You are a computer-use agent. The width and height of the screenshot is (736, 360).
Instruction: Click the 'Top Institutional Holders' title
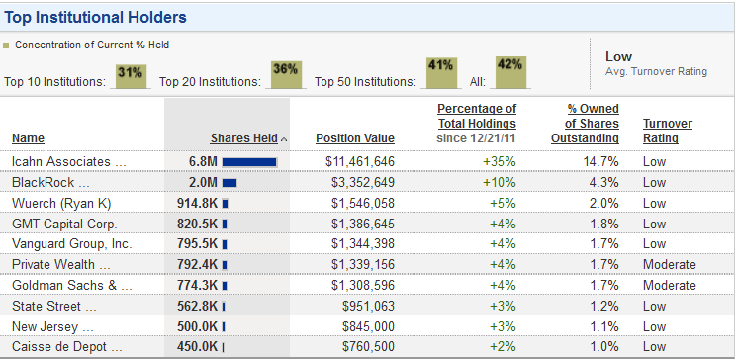pyautogui.click(x=95, y=18)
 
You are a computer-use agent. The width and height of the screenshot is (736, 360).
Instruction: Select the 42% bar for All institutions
pyautogui.click(x=510, y=72)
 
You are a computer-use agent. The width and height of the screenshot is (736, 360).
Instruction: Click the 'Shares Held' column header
pyautogui.click(x=243, y=138)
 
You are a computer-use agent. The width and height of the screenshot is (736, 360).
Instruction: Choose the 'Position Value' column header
pyautogui.click(x=355, y=138)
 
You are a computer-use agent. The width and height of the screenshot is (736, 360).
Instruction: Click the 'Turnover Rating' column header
pyautogui.click(x=668, y=131)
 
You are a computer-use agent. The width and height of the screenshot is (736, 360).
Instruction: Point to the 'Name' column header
pyautogui.click(x=28, y=138)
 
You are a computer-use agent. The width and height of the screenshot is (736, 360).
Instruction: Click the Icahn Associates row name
pyautogui.click(x=69, y=162)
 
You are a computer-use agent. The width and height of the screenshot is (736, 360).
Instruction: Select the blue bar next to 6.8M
pyautogui.click(x=249, y=162)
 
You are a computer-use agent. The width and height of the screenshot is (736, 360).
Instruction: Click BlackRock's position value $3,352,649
pyautogui.click(x=363, y=183)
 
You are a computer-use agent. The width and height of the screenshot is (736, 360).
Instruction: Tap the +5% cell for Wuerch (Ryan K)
pyautogui.click(x=503, y=203)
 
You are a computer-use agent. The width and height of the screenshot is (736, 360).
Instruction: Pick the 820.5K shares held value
pyautogui.click(x=197, y=224)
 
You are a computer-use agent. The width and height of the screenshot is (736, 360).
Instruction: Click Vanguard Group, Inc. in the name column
pyautogui.click(x=72, y=244)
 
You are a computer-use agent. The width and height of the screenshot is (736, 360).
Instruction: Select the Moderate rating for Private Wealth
pyautogui.click(x=670, y=265)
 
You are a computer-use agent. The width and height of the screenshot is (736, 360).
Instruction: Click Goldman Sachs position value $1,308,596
pyautogui.click(x=363, y=286)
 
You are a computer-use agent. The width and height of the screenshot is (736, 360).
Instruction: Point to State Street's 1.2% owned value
pyautogui.click(x=604, y=306)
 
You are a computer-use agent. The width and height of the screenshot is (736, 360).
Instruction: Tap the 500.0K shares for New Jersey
pyautogui.click(x=197, y=326)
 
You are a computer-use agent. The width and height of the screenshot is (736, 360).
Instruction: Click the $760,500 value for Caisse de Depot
pyautogui.click(x=368, y=347)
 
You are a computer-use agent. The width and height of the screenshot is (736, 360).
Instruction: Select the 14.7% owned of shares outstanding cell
pyautogui.click(x=600, y=162)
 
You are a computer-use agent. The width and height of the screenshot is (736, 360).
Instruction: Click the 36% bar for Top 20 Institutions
pyautogui.click(x=285, y=74)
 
